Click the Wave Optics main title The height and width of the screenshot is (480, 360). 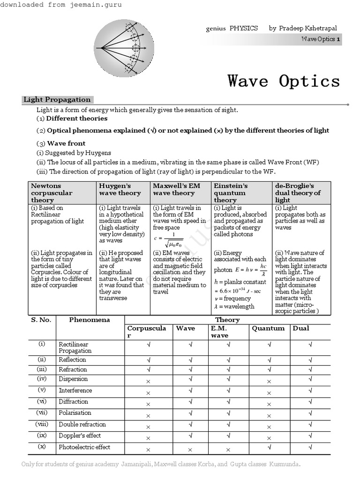pos(284,81)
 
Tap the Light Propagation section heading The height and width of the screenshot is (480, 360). pos(57,99)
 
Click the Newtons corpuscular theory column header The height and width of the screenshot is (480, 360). pos(52,193)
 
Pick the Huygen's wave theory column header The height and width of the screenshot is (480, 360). pos(120,189)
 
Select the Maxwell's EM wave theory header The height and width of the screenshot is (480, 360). pos(176,189)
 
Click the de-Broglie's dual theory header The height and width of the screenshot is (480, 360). pos(298,193)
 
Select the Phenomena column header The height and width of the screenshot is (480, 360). pos(90,320)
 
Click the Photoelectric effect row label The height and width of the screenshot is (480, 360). pos(84,447)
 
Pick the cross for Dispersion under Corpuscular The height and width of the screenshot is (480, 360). pos(148,382)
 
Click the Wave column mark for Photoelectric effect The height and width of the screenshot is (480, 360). pos(191,450)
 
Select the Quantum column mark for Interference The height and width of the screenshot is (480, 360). pos(269,393)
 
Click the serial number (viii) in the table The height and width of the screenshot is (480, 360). pos(42,424)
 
